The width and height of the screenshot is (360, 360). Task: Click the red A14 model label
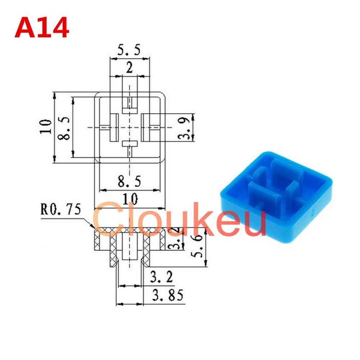click(42, 28)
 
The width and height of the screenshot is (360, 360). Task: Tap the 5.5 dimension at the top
click(129, 50)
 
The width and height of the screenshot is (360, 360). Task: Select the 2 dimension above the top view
click(130, 68)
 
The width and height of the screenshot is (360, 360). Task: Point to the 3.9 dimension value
click(184, 128)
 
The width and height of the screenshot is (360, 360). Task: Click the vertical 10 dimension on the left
click(46, 126)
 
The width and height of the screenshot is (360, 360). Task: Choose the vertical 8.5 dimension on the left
click(64, 128)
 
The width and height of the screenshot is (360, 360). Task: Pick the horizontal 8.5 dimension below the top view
click(129, 181)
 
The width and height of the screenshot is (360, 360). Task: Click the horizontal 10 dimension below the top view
click(130, 199)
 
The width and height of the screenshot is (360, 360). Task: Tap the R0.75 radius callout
click(61, 209)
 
